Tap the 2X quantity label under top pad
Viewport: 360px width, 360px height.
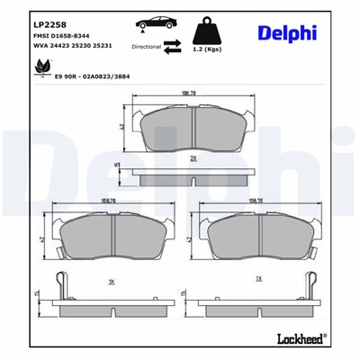coord(193,157)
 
